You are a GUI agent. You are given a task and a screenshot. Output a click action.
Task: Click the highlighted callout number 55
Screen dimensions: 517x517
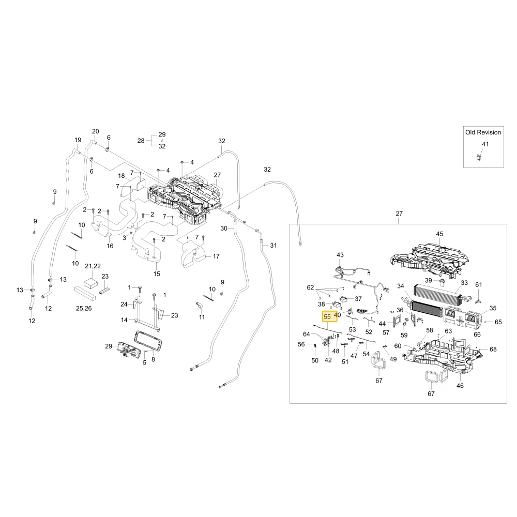pyautogui.click(x=327, y=316)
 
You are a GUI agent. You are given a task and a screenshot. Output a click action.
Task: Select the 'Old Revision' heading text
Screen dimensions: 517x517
pyautogui.click(x=483, y=132)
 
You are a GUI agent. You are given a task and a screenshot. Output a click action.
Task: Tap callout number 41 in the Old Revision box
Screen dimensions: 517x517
pyautogui.click(x=485, y=144)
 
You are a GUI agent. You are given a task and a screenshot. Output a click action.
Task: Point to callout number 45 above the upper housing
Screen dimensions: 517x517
pyautogui.click(x=439, y=234)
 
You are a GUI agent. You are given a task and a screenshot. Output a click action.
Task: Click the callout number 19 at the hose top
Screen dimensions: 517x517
pyautogui.click(x=78, y=140)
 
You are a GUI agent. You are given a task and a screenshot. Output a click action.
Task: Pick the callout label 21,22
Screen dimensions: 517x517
pyautogui.click(x=93, y=266)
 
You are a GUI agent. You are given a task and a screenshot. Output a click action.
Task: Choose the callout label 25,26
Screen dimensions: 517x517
pyautogui.click(x=84, y=308)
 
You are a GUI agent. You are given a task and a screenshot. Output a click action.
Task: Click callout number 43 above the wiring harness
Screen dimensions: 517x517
pyautogui.click(x=340, y=255)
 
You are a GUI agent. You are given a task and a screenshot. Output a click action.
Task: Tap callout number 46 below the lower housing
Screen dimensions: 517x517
pyautogui.click(x=460, y=386)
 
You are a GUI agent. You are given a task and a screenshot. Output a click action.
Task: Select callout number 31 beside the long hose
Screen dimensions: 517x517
pyautogui.click(x=273, y=245)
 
